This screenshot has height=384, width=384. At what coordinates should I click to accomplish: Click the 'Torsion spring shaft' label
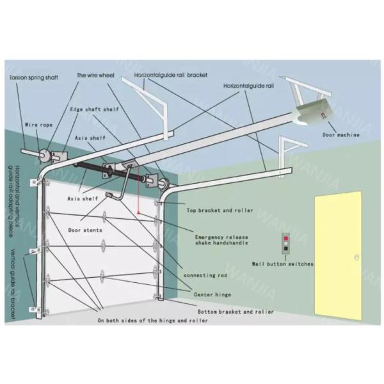coord(33,77)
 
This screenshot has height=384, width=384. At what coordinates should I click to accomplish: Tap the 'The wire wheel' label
coord(95,76)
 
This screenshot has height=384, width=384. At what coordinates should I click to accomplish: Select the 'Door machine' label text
coord(340,135)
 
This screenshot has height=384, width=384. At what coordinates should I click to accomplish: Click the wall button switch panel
coord(285,244)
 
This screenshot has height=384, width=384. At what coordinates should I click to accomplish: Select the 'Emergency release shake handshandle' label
coord(221,240)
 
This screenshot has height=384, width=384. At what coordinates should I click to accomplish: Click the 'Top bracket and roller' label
coord(219,210)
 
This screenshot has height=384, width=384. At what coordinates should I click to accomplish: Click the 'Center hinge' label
coord(212,294)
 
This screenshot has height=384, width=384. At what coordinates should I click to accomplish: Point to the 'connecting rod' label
coord(205,275)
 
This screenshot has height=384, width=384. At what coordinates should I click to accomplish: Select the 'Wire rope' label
coord(36,125)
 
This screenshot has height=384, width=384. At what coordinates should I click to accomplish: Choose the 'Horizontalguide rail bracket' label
coord(171,76)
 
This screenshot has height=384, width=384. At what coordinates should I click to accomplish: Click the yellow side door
coord(339,256)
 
